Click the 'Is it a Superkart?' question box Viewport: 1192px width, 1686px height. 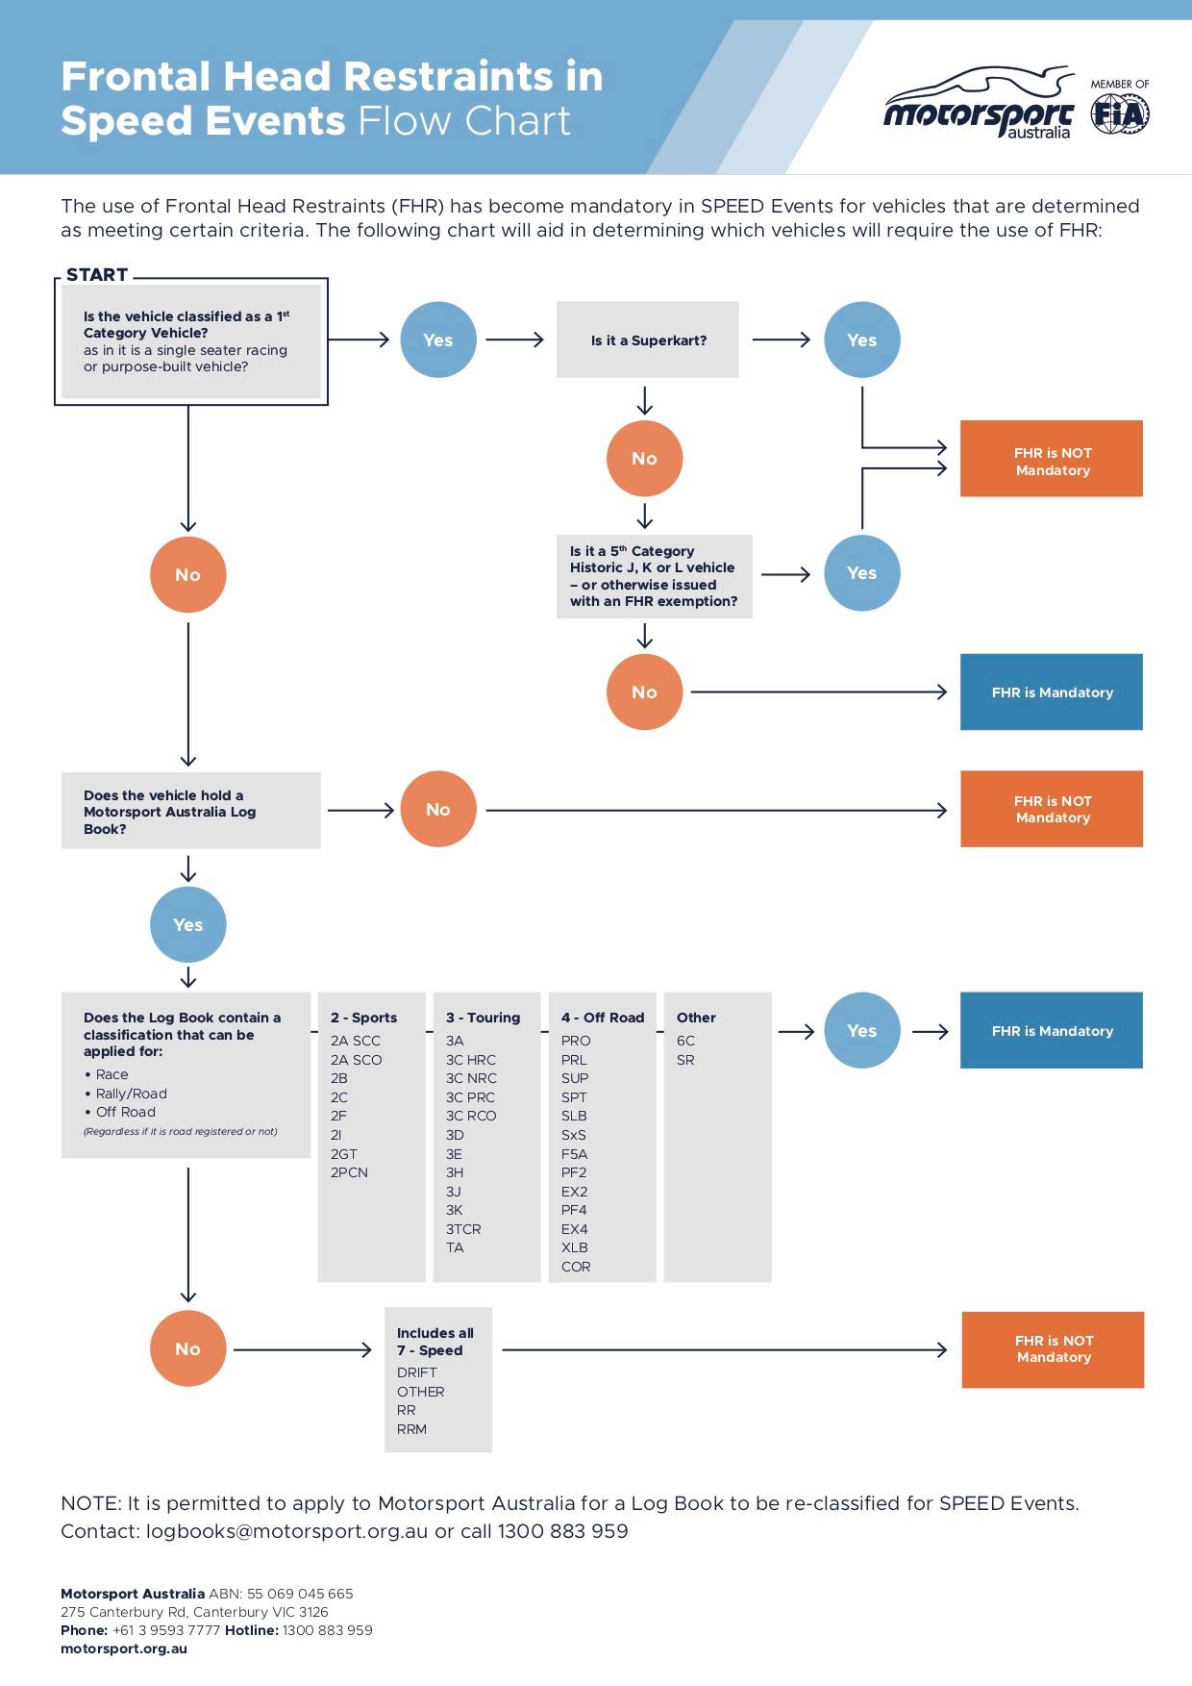648,340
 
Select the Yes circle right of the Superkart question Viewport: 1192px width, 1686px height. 862,340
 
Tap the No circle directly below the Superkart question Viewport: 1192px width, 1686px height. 645,459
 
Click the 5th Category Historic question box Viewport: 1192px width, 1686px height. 655,576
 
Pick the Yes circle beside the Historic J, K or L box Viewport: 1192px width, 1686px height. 862,573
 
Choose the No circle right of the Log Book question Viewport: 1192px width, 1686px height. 438,810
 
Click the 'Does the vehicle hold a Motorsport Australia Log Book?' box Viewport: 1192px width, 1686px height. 191,811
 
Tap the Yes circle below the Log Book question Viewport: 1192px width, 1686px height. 188,925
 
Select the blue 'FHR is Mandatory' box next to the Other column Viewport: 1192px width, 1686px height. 1052,1030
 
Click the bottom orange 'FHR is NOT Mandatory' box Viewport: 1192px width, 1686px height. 1053,1349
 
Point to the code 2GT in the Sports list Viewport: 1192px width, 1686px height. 344,1153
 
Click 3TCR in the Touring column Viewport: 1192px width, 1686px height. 463,1229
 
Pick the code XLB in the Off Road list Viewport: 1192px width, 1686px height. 575,1247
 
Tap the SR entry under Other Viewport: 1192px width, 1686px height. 685,1060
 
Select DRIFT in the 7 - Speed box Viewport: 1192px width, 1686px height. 417,1372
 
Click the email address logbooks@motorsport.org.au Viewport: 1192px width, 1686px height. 287,1531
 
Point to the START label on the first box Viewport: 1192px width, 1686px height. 97,275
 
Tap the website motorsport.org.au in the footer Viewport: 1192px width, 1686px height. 124,1648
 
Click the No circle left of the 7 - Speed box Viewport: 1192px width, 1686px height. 188,1348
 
